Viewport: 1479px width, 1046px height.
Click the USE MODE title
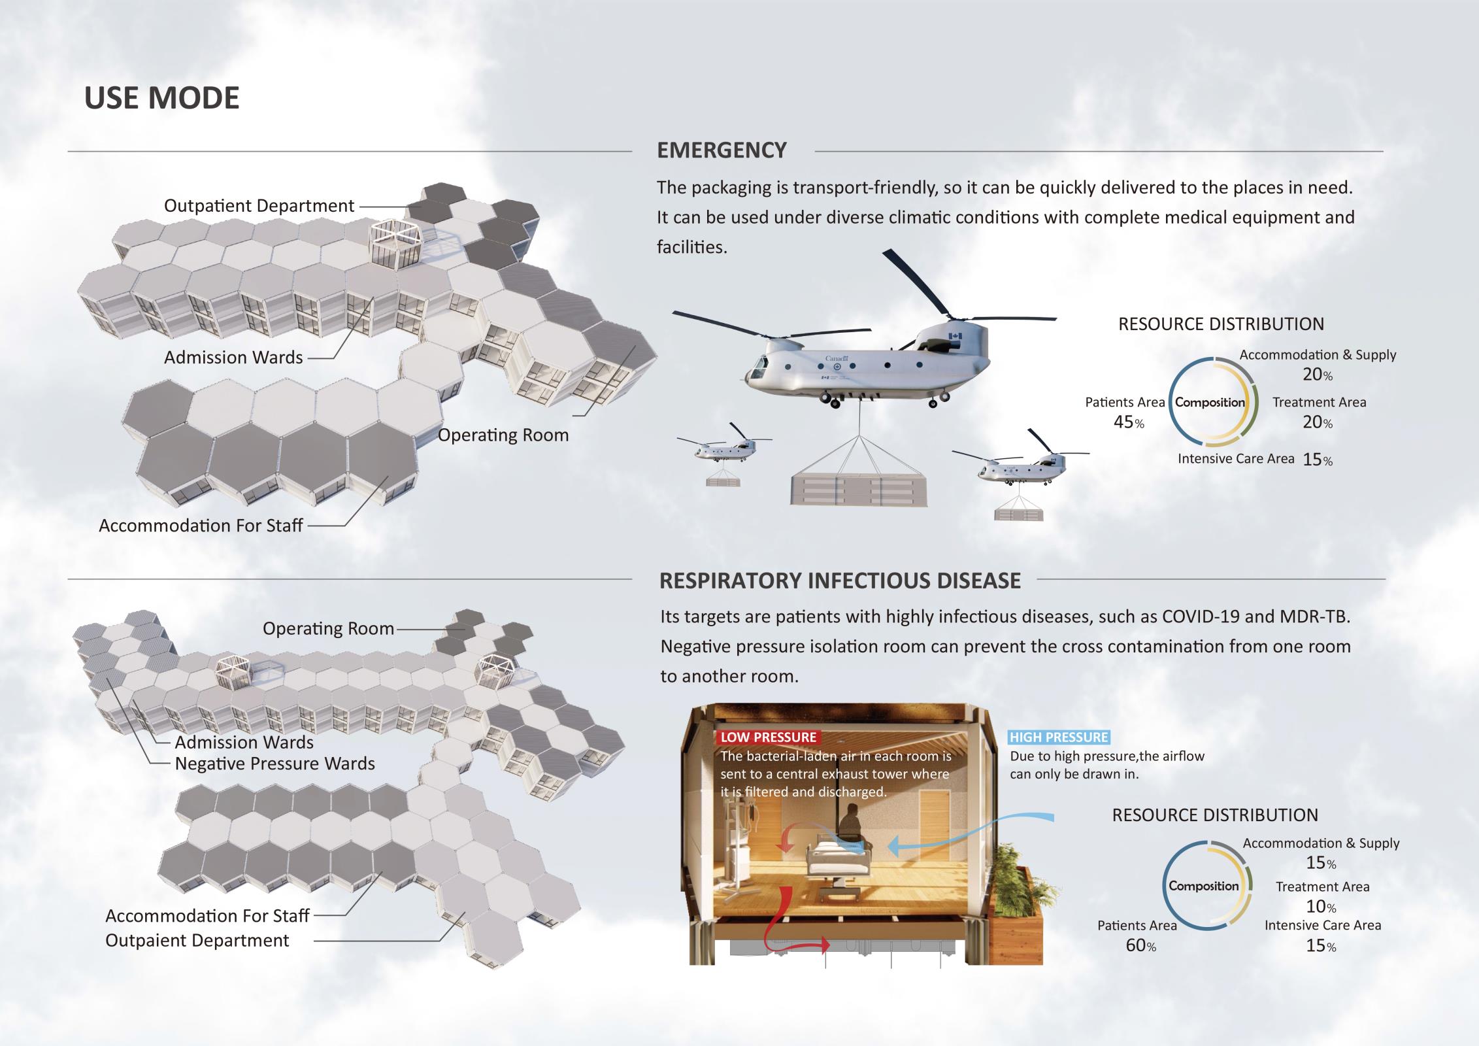click(161, 98)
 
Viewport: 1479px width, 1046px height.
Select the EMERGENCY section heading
click(721, 150)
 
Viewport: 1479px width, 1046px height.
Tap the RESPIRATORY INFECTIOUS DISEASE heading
click(839, 581)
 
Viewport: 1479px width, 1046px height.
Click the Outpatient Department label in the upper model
click(259, 205)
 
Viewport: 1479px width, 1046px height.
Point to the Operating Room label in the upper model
click(503, 435)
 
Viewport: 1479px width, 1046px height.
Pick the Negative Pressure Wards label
click(274, 764)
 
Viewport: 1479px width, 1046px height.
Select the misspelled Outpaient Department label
click(197, 940)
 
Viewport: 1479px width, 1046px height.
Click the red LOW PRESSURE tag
click(768, 737)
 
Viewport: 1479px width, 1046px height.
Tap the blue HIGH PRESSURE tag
click(1058, 737)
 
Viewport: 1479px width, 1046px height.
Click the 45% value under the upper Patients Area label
click(1128, 422)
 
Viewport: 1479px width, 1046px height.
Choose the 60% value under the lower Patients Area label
click(1140, 945)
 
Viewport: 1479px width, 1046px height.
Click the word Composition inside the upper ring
click(1210, 403)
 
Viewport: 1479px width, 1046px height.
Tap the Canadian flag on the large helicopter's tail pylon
click(955, 336)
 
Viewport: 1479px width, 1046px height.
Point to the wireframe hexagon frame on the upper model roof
click(397, 243)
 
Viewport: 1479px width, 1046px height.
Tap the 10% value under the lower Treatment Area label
click(1320, 907)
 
